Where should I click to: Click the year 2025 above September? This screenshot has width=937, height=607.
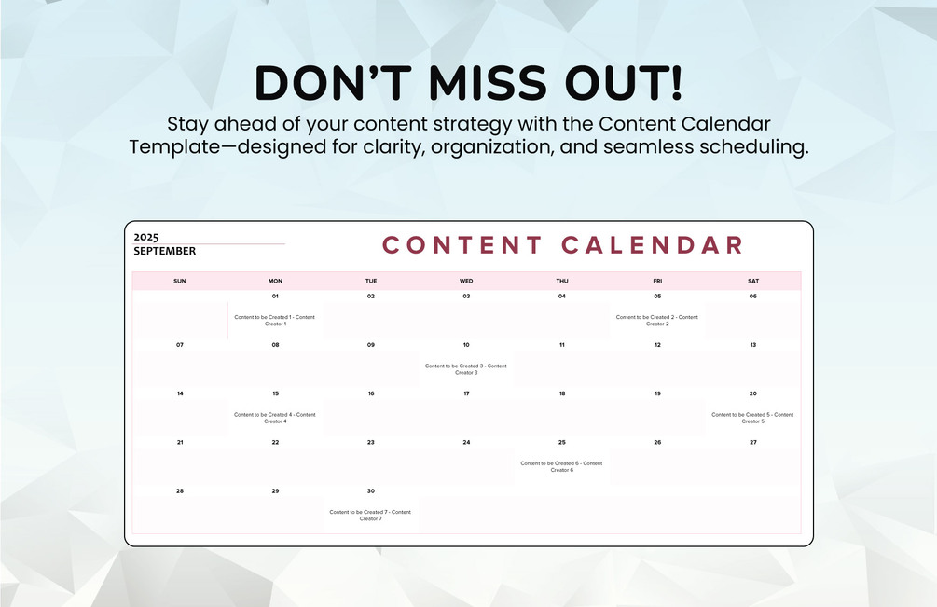click(x=145, y=237)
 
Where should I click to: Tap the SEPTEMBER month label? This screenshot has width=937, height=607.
click(x=164, y=251)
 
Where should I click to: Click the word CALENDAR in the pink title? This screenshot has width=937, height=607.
click(x=653, y=245)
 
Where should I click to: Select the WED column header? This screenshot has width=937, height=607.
click(x=466, y=281)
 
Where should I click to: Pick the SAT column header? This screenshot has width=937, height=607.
click(x=753, y=281)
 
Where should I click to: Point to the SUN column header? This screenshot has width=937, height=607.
click(x=179, y=281)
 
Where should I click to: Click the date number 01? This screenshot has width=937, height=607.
click(x=275, y=297)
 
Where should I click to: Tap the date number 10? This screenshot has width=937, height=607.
click(x=466, y=345)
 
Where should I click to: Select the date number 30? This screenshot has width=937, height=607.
click(x=370, y=491)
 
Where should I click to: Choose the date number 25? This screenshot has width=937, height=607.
click(x=561, y=442)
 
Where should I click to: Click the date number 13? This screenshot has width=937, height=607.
click(x=753, y=345)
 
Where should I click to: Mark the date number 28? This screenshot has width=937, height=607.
click(x=179, y=491)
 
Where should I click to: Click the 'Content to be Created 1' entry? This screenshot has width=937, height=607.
click(x=275, y=321)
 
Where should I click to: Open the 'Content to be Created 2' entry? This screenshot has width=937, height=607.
click(x=657, y=321)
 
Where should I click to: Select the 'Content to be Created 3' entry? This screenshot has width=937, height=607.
click(x=466, y=369)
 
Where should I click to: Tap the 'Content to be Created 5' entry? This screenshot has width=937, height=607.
click(x=753, y=418)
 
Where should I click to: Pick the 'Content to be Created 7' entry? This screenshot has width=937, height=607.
click(x=370, y=516)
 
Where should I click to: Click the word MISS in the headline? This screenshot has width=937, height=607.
click(x=488, y=82)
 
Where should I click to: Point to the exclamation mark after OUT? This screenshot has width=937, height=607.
click(x=676, y=82)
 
